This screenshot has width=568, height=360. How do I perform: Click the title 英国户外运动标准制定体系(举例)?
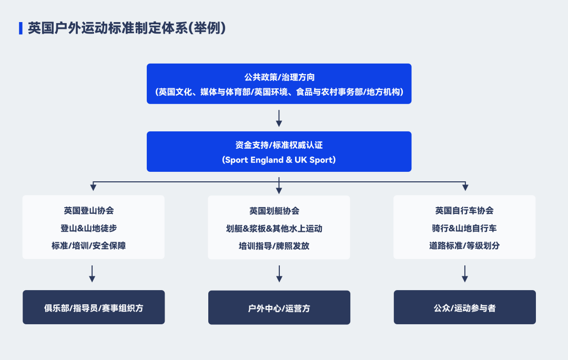pos(127,28)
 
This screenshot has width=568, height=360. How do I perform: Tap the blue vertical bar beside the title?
pos(21,28)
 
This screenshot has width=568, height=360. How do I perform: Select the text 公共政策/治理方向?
pos(279,77)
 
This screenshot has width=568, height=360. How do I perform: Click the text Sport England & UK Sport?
pos(279,160)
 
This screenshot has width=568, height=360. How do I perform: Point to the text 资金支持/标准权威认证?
pos(279,145)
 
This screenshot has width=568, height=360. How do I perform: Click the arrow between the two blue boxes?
pos(279,118)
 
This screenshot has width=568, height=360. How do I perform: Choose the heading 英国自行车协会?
pos(464,211)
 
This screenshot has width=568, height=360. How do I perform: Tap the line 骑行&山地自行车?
pos(464,228)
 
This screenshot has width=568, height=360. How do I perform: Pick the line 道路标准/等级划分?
pos(464,245)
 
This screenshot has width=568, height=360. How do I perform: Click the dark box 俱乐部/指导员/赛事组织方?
pos(94,307)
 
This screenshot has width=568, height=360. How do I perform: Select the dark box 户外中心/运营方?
pos(279,308)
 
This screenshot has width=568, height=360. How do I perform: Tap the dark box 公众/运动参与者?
pos(465,307)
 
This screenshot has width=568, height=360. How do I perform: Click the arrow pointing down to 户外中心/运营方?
pos(279,274)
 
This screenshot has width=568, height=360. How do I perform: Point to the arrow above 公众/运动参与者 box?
pos(465,274)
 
